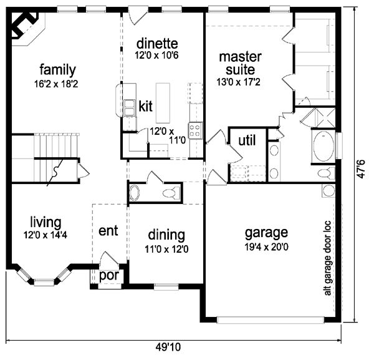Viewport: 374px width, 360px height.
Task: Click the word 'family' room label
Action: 57,70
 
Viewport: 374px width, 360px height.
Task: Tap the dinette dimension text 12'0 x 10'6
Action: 156,56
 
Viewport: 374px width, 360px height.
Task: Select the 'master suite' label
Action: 240,63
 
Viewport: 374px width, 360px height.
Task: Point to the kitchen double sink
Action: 129,108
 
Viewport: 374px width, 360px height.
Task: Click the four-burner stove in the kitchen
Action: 195,130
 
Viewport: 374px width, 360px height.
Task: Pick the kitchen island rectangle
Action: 163,103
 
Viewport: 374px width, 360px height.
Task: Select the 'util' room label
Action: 247,140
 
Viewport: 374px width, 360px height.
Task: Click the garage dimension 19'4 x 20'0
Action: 266,247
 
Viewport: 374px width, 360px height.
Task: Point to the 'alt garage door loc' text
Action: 328,258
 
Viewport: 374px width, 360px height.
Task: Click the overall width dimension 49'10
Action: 168,347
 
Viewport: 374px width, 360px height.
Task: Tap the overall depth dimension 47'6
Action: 361,169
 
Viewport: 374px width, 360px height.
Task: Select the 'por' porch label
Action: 109,276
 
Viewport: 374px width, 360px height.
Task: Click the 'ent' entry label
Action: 108,231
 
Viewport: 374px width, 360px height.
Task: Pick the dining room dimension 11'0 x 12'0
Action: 166,249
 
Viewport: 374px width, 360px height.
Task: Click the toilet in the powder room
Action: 171,193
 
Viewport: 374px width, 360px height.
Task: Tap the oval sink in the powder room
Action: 134,192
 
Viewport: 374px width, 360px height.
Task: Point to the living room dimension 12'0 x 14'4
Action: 46,235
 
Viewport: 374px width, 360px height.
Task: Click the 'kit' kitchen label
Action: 145,106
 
